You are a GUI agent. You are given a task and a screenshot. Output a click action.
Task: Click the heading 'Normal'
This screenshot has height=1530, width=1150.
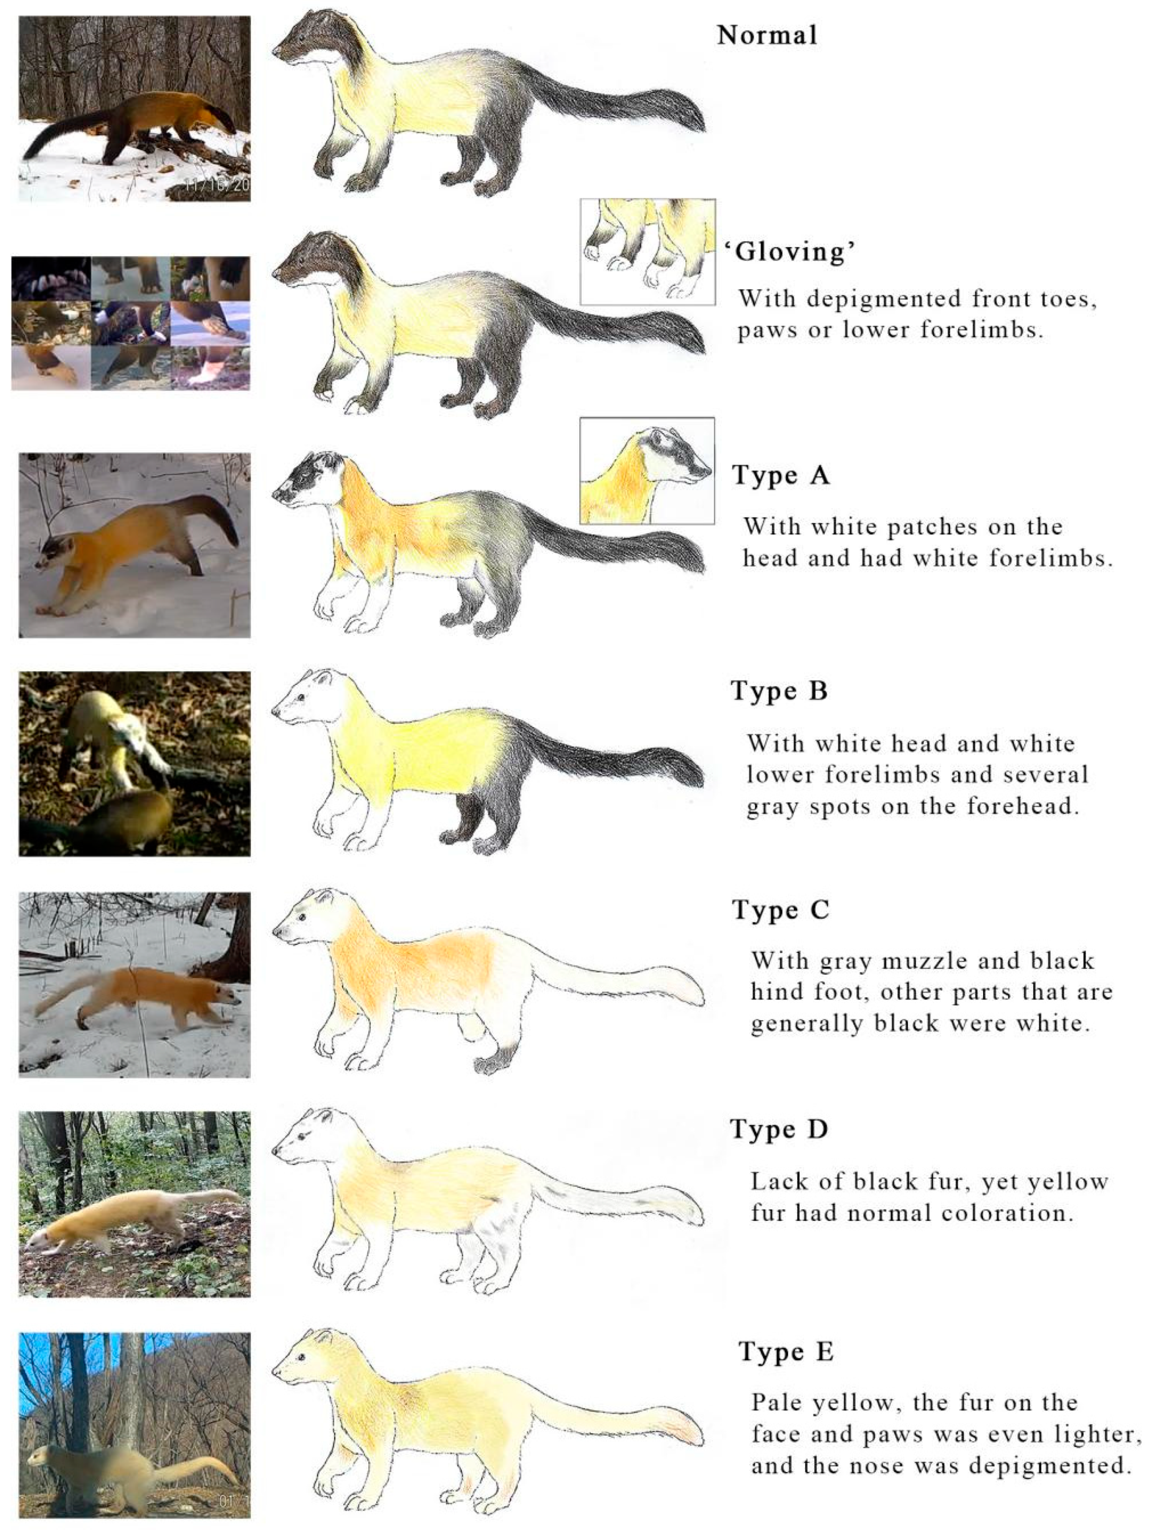tap(767, 35)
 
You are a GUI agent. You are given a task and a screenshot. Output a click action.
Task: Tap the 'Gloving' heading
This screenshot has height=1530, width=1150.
tap(790, 251)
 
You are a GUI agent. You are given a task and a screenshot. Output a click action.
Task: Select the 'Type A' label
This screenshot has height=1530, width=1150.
tap(780, 476)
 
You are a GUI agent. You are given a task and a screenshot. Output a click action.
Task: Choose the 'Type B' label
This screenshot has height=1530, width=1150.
tap(779, 690)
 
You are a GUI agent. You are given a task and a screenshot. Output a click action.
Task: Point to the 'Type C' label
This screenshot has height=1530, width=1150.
tap(780, 910)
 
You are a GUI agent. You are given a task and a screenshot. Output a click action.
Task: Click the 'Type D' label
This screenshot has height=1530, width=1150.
tap(779, 1129)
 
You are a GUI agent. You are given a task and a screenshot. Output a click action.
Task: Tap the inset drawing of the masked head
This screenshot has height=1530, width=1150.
tap(647, 470)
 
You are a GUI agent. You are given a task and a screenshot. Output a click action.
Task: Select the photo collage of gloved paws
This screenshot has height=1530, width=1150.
tap(131, 323)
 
